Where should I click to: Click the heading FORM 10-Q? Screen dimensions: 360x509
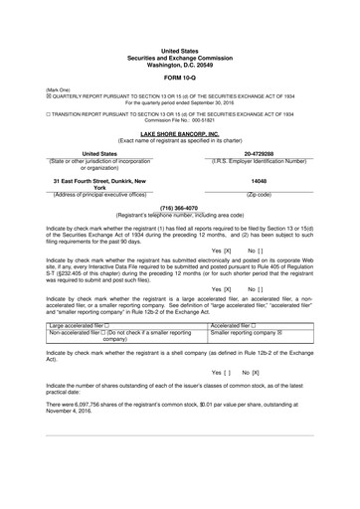click(x=179, y=77)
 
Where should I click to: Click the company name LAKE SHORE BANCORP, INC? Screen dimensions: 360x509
click(x=179, y=132)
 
